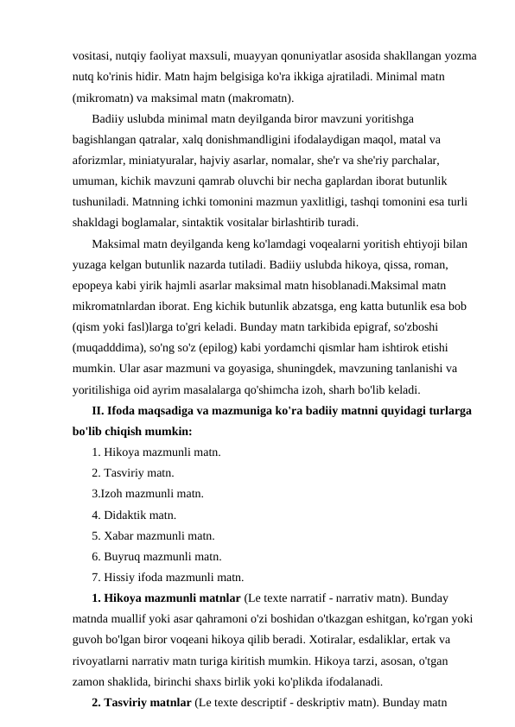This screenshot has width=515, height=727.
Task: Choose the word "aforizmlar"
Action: coord(99,161)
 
